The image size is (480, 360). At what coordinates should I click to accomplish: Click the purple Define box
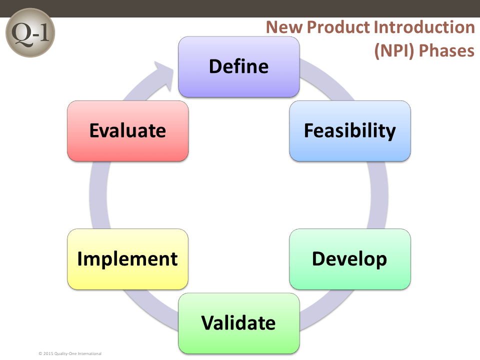click(239, 66)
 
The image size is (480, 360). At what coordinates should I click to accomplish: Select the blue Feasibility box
click(350, 130)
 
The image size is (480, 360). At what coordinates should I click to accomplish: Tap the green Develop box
click(350, 259)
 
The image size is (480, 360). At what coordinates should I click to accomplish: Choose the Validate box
click(239, 323)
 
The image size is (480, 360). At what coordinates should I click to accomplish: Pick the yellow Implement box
click(127, 259)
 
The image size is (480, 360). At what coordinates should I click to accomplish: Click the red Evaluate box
click(127, 130)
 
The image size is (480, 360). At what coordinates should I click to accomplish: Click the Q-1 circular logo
click(30, 32)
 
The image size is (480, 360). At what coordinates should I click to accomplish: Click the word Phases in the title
click(446, 50)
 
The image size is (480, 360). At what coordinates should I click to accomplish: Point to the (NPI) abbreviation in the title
click(394, 51)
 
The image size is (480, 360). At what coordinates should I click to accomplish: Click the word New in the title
click(284, 27)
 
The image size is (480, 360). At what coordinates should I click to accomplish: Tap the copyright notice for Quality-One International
click(70, 353)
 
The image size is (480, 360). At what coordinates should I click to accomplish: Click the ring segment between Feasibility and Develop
click(379, 195)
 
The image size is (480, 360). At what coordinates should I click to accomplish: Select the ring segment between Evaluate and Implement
click(98, 195)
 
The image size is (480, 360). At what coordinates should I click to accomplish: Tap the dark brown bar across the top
click(240, 8)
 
